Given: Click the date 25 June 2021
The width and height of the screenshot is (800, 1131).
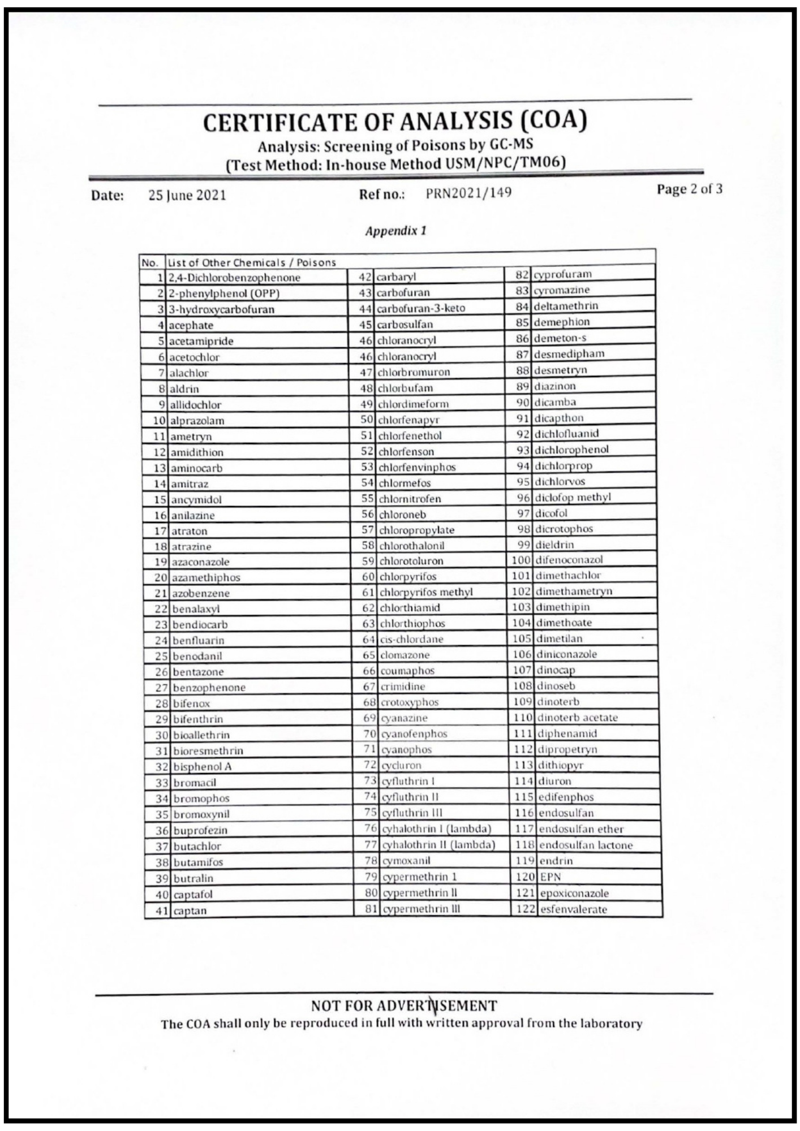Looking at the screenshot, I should pyautogui.click(x=187, y=196).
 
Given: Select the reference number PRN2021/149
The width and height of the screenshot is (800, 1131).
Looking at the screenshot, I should pyautogui.click(x=468, y=193).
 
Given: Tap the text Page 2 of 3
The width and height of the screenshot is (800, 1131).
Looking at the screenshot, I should pyautogui.click(x=689, y=189).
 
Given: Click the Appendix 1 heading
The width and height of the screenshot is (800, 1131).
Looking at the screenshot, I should pyautogui.click(x=395, y=231).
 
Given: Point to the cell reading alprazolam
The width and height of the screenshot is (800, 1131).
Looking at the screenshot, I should pyautogui.click(x=197, y=421).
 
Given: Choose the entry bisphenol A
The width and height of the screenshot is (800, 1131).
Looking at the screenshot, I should pyautogui.click(x=202, y=767).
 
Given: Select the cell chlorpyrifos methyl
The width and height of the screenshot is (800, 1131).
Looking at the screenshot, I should pyautogui.click(x=426, y=592).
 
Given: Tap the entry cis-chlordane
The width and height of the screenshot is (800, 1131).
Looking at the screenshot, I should pyautogui.click(x=411, y=640).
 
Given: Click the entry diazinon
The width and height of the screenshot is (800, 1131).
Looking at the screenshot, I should pyautogui.click(x=555, y=386).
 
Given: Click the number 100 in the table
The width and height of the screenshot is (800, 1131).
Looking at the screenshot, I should pyautogui.click(x=521, y=560).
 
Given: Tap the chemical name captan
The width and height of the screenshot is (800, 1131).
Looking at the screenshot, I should pyautogui.click(x=190, y=910).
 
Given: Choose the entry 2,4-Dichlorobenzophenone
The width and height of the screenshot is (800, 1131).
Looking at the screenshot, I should pyautogui.click(x=234, y=278).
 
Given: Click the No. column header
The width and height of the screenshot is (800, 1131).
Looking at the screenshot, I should pyautogui.click(x=149, y=263).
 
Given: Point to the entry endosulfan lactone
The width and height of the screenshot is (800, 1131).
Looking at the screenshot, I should pyautogui.click(x=586, y=845).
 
